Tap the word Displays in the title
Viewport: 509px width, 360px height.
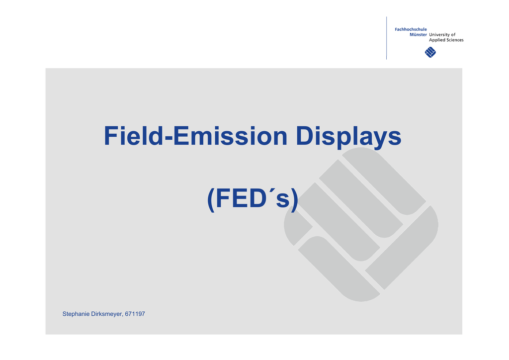tap(348, 137)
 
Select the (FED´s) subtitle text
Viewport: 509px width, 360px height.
tap(253, 199)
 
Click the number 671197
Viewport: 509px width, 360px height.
tap(135, 314)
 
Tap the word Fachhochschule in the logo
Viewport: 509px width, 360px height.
tap(411, 29)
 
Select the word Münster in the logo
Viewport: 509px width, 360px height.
tap(418, 34)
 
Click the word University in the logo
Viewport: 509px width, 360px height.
tap(439, 35)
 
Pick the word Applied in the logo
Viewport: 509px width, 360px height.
tap(437, 40)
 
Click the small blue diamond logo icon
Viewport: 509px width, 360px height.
tap(430, 52)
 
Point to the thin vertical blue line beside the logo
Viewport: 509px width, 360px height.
tap(386, 38)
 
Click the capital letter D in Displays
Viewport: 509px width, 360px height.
tap(304, 136)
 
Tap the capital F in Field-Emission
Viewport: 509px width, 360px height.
tap(111, 136)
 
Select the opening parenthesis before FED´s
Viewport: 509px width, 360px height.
tap(211, 199)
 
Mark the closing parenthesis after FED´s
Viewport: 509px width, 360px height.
tap(295, 199)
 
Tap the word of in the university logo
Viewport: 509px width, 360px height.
tap(453, 35)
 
